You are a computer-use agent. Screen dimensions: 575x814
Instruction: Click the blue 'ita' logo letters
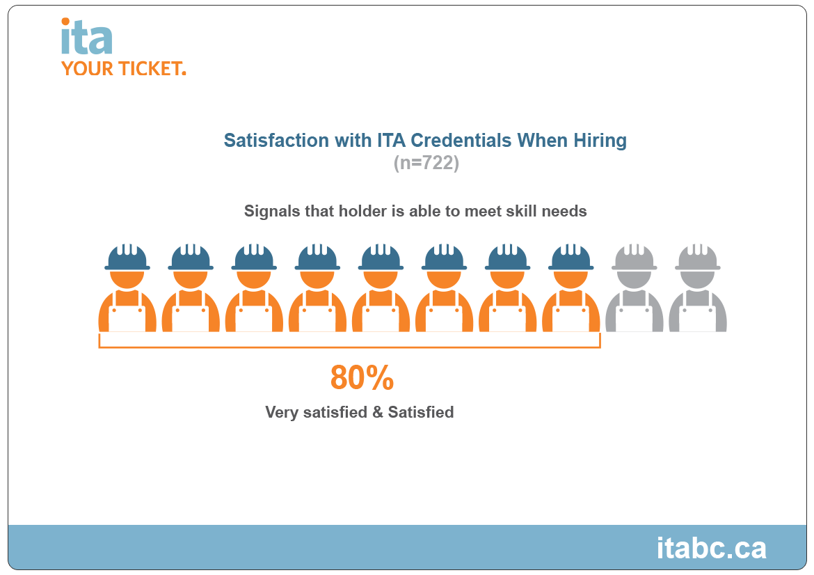tap(86, 39)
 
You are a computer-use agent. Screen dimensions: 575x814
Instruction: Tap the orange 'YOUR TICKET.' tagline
tap(123, 68)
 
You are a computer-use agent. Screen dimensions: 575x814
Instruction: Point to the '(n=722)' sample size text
tap(426, 164)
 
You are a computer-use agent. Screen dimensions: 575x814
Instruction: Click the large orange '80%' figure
tap(362, 378)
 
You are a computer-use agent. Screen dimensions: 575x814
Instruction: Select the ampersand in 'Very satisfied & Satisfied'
tap(378, 412)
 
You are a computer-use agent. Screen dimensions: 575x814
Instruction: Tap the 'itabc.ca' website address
tap(711, 548)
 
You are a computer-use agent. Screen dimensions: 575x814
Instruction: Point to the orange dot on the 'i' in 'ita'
tap(65, 22)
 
